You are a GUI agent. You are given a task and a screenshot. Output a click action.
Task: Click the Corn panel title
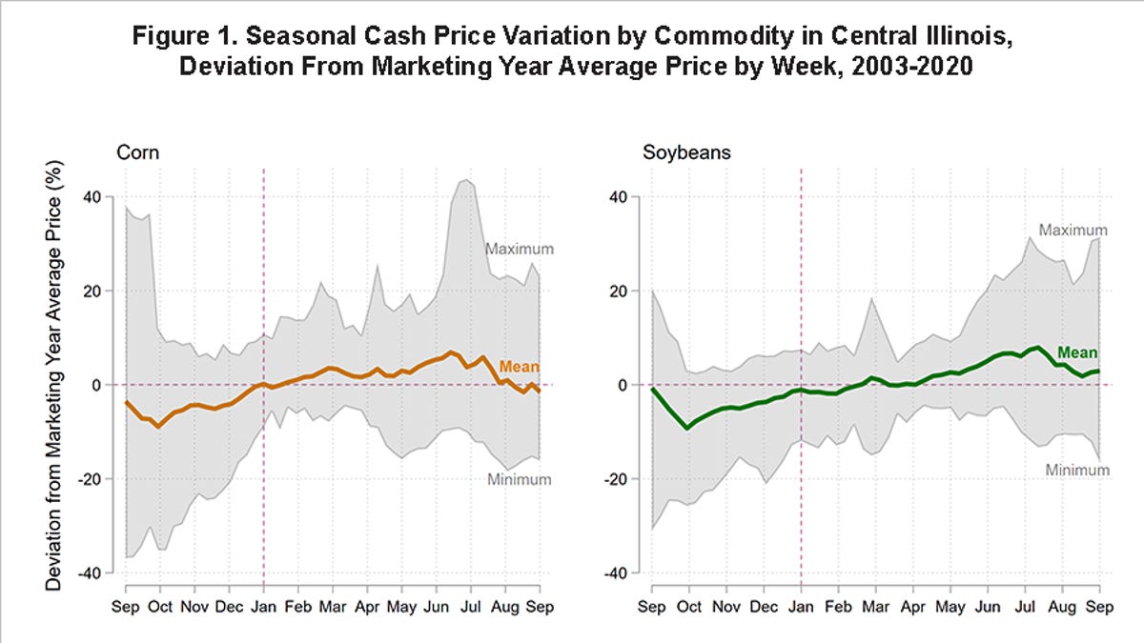137,151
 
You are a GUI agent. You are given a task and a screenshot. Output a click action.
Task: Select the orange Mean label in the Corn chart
520,367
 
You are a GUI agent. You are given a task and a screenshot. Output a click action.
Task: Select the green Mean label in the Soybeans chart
1077,352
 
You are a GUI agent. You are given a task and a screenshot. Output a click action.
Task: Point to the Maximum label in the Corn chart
520,250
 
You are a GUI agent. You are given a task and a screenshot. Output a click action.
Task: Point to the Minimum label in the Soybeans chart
1077,471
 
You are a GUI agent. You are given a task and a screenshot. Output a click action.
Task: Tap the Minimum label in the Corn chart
520,480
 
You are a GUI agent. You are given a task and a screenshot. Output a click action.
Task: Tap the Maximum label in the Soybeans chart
1072,231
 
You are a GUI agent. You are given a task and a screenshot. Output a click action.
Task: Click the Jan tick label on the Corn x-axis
263,606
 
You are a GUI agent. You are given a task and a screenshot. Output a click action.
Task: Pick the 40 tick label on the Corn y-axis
91,197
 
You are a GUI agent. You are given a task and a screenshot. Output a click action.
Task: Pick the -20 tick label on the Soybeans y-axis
618,479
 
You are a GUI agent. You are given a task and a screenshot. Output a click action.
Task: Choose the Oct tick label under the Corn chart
159,606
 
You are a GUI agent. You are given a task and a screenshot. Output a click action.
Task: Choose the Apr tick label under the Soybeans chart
913,606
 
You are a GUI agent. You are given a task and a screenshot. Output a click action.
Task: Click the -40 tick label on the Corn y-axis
87,573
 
